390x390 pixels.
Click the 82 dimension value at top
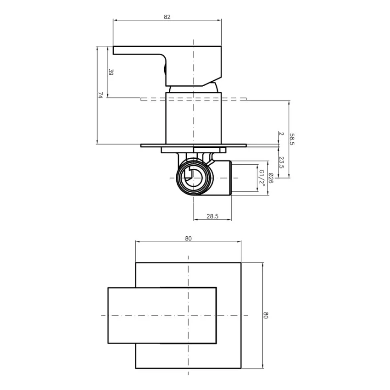[167, 17]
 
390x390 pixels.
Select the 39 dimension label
[111, 72]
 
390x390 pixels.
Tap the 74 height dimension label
[100, 95]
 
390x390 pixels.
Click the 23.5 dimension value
[281, 162]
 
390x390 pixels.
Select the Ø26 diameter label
[271, 178]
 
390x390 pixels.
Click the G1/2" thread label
[261, 178]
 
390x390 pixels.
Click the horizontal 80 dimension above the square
[188, 238]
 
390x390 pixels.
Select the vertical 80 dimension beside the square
[266, 315]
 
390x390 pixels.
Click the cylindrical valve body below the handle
[193, 117]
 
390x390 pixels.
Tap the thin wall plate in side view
[193, 145]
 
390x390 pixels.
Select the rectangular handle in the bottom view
[162, 315]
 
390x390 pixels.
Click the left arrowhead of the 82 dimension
[115, 20]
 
